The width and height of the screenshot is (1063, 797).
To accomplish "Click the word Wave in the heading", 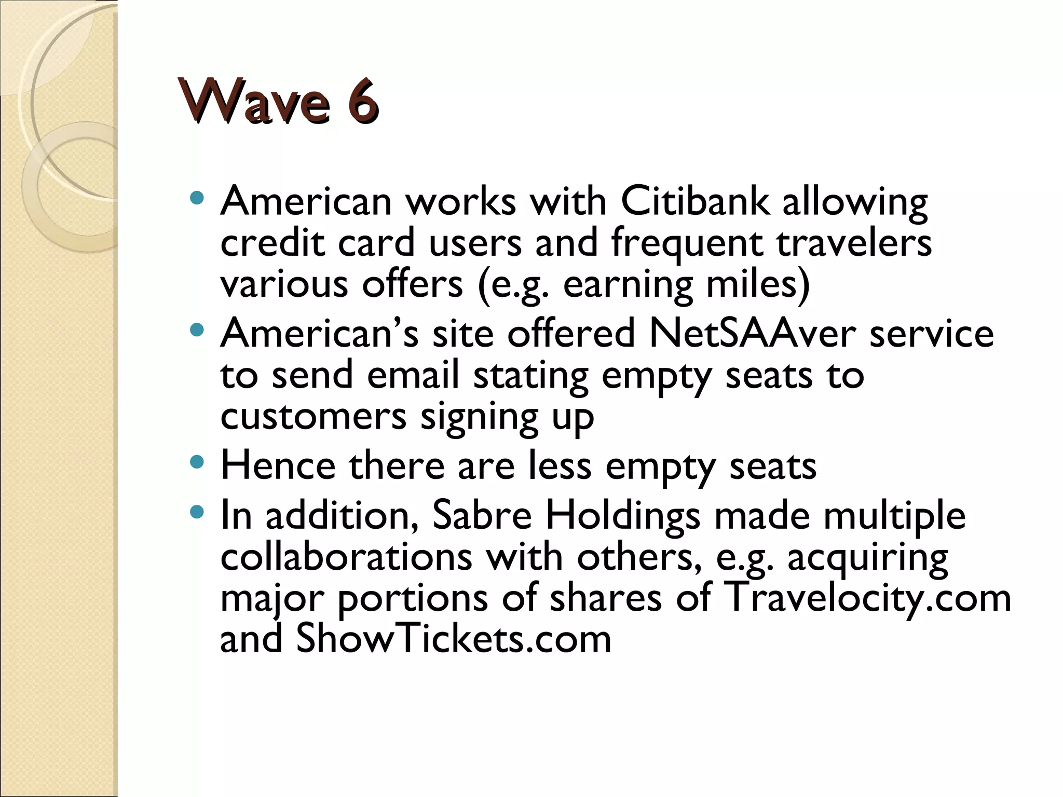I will [x=254, y=101].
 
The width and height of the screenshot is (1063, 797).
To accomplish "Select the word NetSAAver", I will [x=752, y=333].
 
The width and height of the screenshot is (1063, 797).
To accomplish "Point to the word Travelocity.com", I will [x=866, y=598].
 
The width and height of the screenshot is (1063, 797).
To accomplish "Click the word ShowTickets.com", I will [x=453, y=639].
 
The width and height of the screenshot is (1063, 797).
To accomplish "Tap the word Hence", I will [x=278, y=465].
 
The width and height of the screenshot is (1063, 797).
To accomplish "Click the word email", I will [x=413, y=375].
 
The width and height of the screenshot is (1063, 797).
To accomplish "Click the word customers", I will [x=313, y=416].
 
